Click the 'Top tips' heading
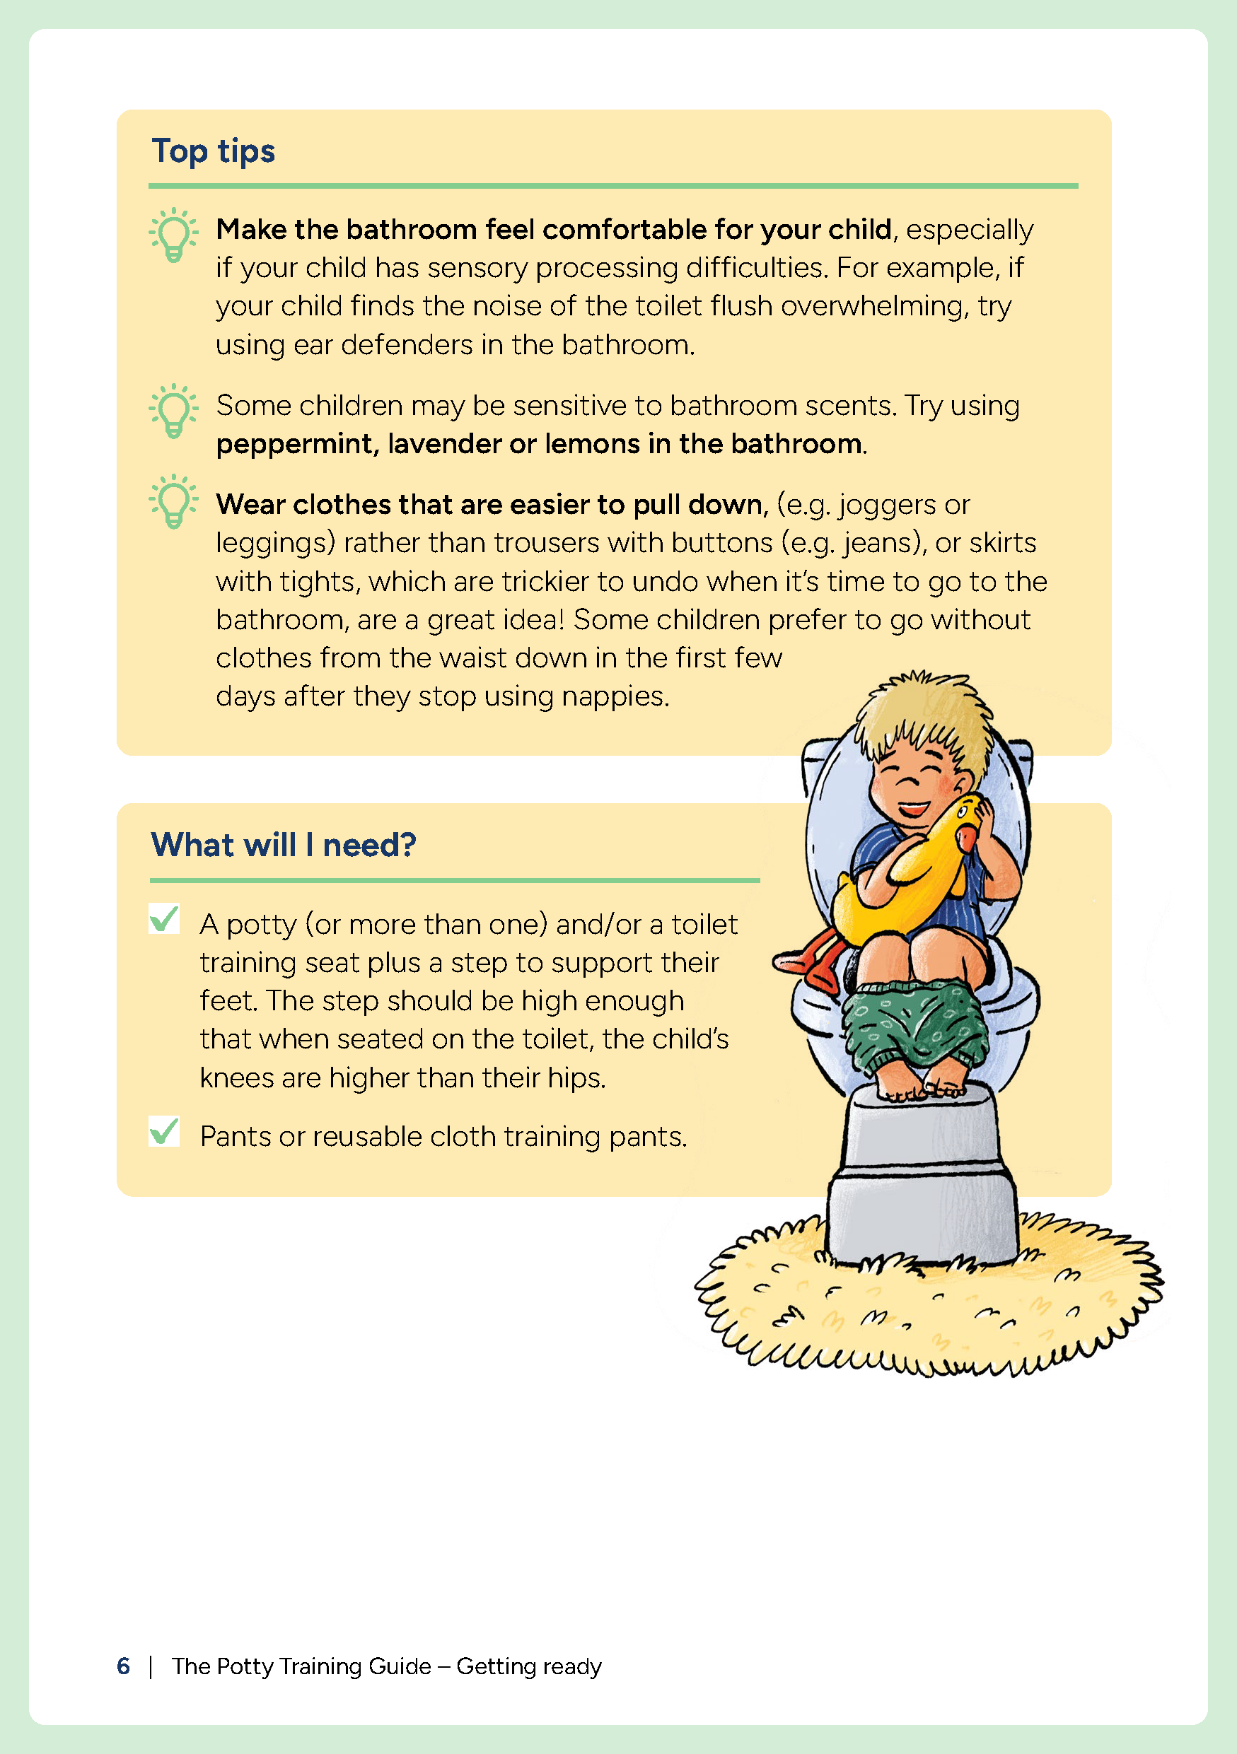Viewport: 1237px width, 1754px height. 213,151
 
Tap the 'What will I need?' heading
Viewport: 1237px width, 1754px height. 284,845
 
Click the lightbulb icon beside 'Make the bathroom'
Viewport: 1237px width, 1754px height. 173,235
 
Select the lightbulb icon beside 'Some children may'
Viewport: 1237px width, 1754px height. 173,410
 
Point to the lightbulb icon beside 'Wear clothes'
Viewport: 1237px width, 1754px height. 173,501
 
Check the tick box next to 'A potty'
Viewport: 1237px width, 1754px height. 164,918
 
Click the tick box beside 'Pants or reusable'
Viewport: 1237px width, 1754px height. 164,1131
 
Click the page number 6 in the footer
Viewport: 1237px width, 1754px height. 123,1666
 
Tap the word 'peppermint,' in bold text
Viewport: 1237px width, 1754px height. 297,444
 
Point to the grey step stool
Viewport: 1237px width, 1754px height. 921,1176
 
